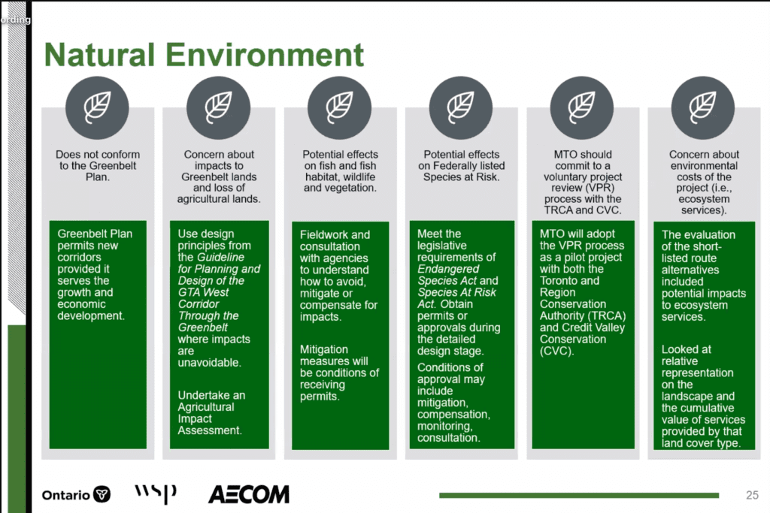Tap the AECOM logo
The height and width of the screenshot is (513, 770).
pyautogui.click(x=248, y=494)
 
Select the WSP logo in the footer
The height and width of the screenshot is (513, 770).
pyautogui.click(x=155, y=493)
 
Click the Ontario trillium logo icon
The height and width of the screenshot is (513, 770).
pyautogui.click(x=102, y=494)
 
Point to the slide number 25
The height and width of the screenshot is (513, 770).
pyautogui.click(x=752, y=495)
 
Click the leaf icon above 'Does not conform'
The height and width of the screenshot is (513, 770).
pyautogui.click(x=97, y=108)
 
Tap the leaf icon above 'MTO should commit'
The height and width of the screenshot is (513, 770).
pyautogui.click(x=582, y=108)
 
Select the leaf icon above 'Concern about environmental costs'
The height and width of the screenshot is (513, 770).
pyautogui.click(x=703, y=108)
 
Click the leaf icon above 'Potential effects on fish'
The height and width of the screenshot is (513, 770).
pyautogui.click(x=340, y=108)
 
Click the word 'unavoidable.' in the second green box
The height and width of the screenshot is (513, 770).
pyautogui.click(x=209, y=363)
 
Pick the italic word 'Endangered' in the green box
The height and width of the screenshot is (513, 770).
pyautogui.click(x=448, y=269)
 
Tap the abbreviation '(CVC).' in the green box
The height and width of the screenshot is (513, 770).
pyautogui.click(x=556, y=352)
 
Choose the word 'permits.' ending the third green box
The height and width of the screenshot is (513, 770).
pyautogui.click(x=320, y=397)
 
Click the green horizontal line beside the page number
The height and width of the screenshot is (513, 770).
pyautogui.click(x=579, y=495)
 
